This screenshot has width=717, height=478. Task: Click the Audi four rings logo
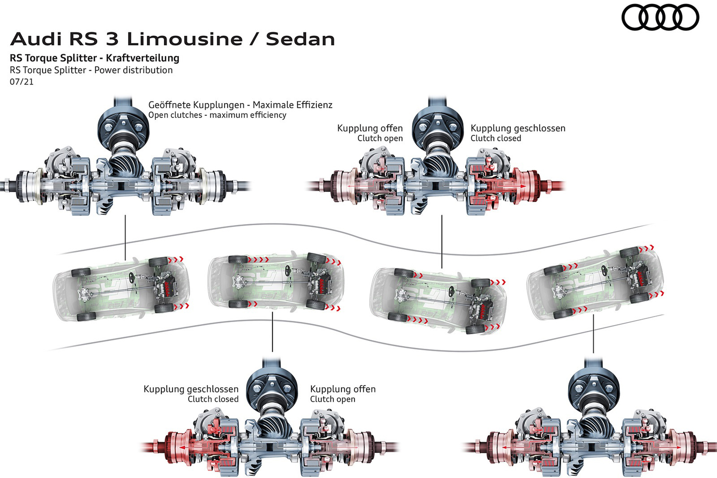(660, 17)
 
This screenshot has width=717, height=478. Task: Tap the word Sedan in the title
(300, 39)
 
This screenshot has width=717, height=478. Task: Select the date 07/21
(22, 82)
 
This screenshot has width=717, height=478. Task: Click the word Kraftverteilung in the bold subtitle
(143, 58)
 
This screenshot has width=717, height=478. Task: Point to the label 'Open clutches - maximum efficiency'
(217, 115)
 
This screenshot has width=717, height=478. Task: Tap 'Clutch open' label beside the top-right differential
(380, 138)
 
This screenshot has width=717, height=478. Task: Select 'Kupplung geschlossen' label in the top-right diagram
(518, 128)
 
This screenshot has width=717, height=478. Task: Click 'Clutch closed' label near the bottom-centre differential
(213, 399)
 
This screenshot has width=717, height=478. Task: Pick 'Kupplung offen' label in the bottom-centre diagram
(343, 389)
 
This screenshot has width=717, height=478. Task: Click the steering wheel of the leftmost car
(132, 277)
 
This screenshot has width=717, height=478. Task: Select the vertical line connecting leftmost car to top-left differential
(125, 237)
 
